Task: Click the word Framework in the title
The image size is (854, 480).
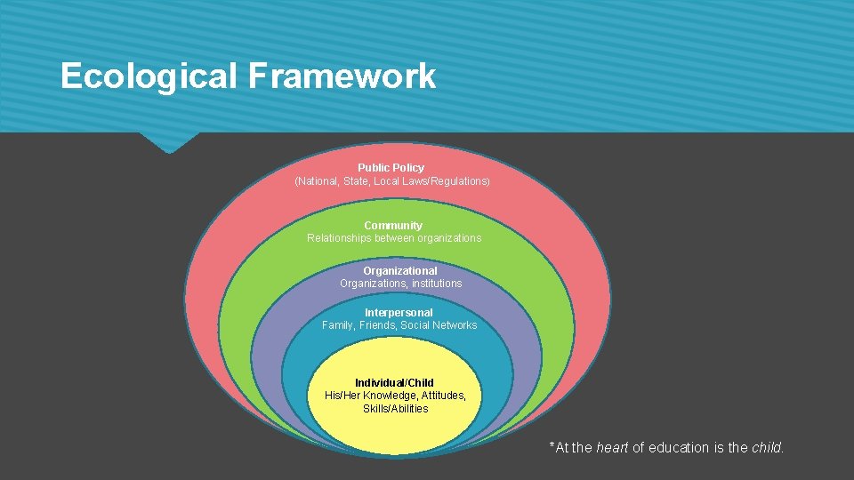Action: pos(342,76)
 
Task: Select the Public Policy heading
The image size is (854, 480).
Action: pos(391,167)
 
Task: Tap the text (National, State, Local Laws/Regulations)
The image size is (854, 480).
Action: pos(391,181)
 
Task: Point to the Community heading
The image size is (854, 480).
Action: pos(392,226)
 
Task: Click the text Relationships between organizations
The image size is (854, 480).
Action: pos(393,238)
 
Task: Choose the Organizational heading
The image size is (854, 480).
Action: pos(399,271)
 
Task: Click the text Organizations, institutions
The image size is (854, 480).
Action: pos(400,284)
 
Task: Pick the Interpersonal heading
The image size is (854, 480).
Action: pos(399,313)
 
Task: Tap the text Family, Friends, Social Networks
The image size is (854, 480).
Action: pos(399,325)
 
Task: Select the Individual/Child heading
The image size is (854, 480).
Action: pos(394,383)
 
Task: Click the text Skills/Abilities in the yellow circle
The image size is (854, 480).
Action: pos(395,409)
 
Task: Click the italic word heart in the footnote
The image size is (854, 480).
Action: pos(612,448)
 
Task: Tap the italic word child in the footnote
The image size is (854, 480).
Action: pos(767,448)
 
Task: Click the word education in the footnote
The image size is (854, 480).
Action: pos(678,448)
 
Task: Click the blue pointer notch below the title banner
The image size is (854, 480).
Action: pos(169,142)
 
